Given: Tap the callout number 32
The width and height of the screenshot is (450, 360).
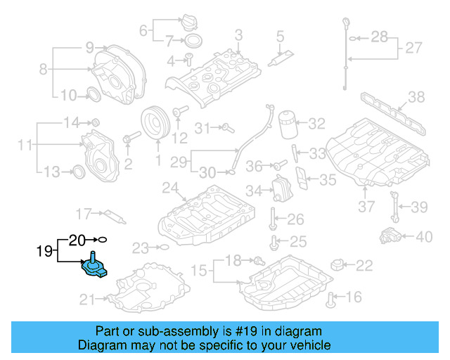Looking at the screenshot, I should coord(316,124).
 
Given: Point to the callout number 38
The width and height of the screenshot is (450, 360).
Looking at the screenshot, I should coord(416,97).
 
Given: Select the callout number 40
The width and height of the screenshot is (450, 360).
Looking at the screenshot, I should coord(424,237).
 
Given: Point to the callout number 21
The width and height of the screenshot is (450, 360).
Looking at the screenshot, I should coord(86,300).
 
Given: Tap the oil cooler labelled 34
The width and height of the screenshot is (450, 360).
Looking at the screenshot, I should coord(282,191).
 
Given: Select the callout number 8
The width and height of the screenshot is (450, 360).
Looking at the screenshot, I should coord(43,69).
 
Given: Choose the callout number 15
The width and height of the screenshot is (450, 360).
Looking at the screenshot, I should coord(199,270).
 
